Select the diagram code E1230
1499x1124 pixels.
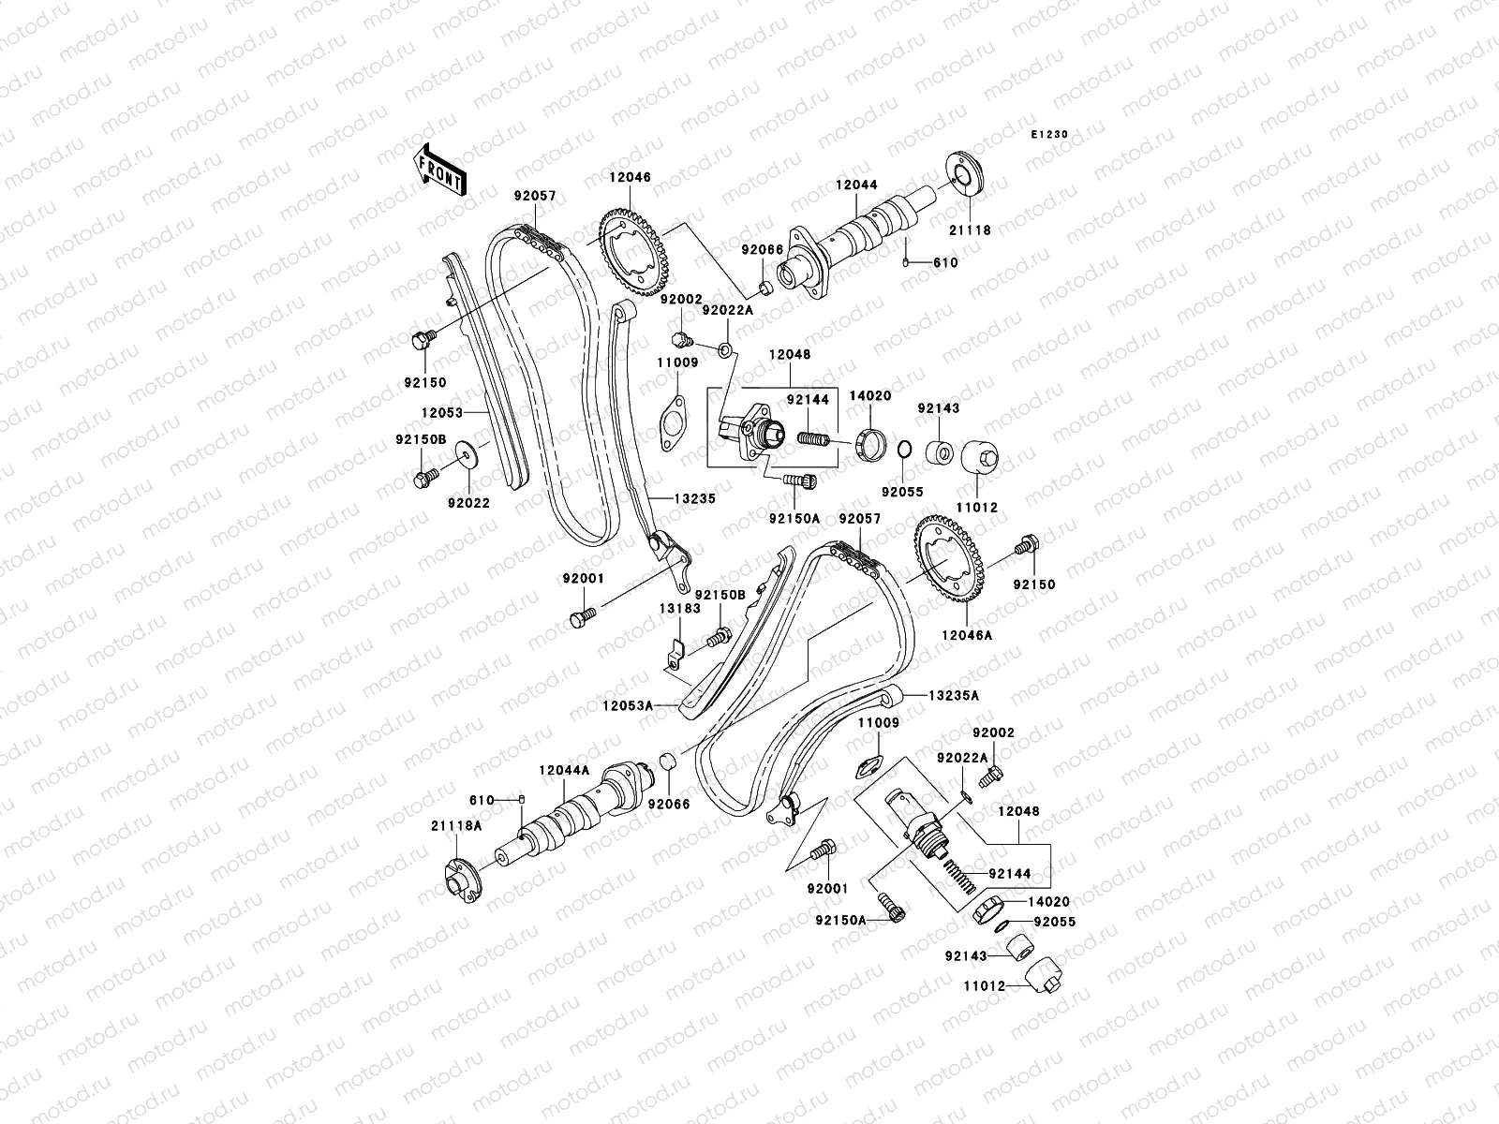(1050, 135)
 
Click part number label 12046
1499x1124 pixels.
(630, 177)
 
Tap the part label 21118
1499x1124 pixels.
(969, 229)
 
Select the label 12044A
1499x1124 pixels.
(564, 770)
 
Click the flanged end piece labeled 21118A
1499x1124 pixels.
(461, 880)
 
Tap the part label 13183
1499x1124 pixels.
(679, 609)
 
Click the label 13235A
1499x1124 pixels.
(954, 696)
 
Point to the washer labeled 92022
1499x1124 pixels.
(465, 458)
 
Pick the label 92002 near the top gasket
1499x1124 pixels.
(680, 299)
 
